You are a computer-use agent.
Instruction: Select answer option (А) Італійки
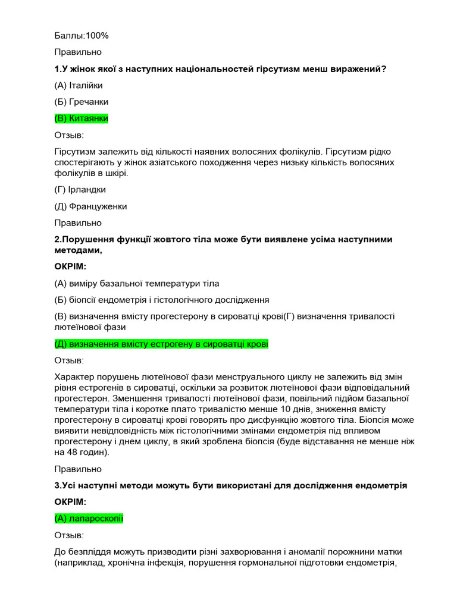coord(78,85)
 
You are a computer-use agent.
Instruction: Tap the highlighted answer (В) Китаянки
coord(81,118)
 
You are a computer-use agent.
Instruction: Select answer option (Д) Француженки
coord(90,206)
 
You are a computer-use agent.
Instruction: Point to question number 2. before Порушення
coord(58,239)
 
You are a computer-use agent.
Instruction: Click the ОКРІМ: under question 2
coord(70,266)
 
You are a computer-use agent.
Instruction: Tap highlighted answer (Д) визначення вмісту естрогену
coord(161,344)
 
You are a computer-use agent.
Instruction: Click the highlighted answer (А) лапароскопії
coord(89,519)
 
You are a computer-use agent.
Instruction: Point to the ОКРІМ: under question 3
coord(70,502)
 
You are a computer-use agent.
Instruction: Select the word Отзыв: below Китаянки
coord(69,135)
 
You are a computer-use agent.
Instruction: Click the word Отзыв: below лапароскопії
coord(69,535)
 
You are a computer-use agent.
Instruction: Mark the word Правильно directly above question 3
coord(78,469)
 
